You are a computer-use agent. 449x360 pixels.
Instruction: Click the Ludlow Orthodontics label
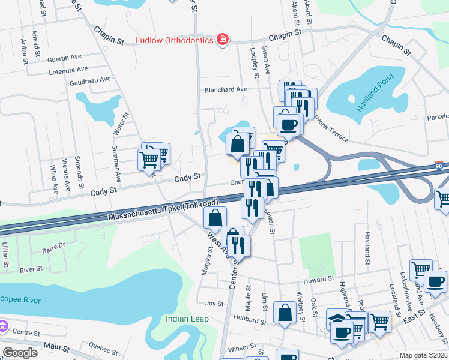point(175,40)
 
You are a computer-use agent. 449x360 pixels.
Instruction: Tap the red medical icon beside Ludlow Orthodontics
point(223,40)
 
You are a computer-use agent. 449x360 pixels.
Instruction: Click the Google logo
point(20,352)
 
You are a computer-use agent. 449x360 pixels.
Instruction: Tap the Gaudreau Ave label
point(90,79)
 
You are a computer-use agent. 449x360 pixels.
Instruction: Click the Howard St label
point(318,280)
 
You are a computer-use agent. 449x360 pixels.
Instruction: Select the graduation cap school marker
point(336,318)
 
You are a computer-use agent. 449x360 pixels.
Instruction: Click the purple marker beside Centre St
point(3,327)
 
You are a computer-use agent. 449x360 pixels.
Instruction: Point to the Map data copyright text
point(423,355)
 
